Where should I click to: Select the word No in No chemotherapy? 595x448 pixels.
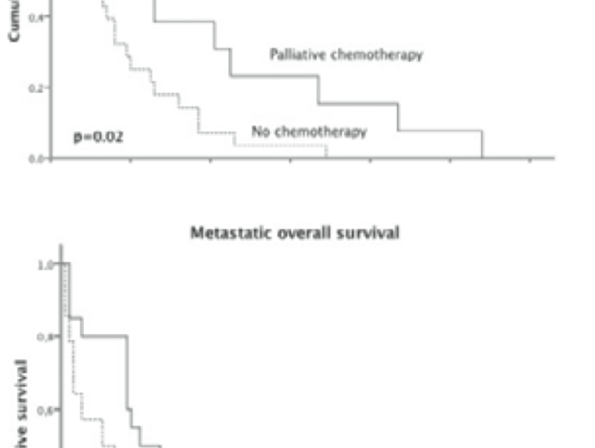point(261,131)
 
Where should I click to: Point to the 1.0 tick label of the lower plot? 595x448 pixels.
point(46,265)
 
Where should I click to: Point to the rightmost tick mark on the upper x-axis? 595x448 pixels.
point(530,160)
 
